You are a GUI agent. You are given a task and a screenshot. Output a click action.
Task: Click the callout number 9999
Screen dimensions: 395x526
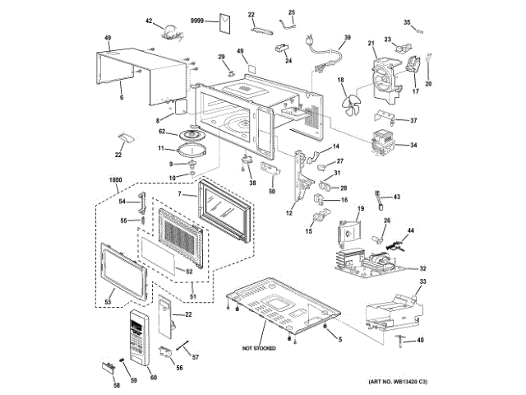click(198, 19)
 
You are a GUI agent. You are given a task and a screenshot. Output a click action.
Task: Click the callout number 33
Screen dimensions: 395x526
click(423, 282)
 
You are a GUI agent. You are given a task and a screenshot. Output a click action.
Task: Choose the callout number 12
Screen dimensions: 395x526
click(289, 213)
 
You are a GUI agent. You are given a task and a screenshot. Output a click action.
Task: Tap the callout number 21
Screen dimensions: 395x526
click(371, 42)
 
